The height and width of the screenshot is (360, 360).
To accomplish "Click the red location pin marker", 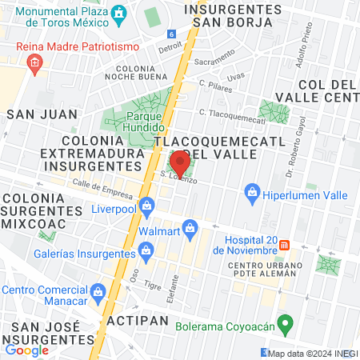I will pos(180,162).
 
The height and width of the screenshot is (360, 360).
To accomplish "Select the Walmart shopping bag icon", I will pos(190,230).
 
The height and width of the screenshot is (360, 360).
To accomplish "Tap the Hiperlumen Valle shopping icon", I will pos(252,194).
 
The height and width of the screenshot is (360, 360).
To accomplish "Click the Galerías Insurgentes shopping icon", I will pos(146,253).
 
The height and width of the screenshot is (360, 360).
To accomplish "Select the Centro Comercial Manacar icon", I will pos(98,290).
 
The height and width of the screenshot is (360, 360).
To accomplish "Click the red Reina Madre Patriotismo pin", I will pos(34,66).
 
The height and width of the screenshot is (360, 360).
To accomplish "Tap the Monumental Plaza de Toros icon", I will pos(119,14).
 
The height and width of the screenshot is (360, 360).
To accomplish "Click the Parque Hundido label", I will pos(145,122).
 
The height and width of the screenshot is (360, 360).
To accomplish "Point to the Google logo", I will pos(26,350).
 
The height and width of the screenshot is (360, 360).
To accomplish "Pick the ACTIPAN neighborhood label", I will pos(138,321).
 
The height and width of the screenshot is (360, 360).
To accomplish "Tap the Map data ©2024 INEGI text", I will pos(313,353).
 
